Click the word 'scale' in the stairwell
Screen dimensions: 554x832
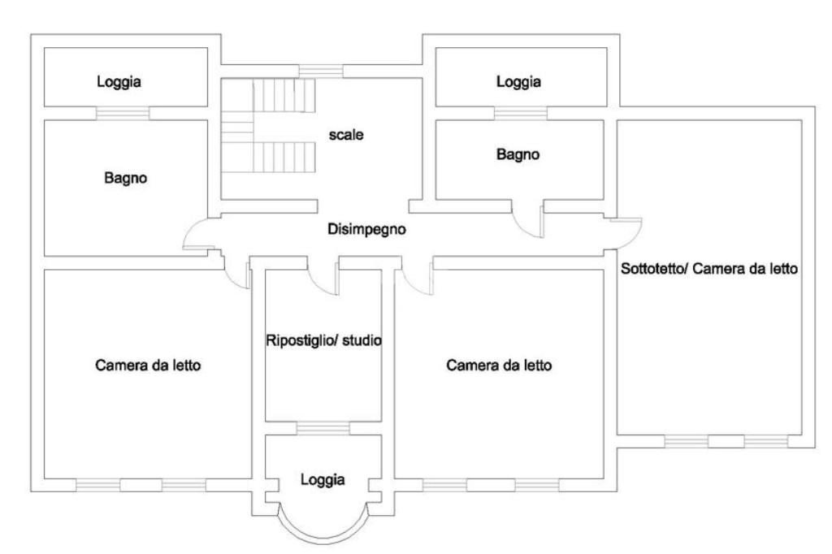click(345, 136)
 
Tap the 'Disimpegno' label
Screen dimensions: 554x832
click(367, 229)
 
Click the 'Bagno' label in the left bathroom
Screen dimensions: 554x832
click(126, 178)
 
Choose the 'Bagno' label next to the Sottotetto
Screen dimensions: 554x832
click(518, 154)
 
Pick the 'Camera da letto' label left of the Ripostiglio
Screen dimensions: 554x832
click(148, 366)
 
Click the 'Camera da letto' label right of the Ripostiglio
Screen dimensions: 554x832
click(500, 366)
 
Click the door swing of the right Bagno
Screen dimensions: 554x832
click(528, 222)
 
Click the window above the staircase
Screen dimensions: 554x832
click(321, 71)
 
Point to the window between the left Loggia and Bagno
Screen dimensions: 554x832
click(123, 113)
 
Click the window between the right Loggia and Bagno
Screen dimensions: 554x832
click(521, 113)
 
